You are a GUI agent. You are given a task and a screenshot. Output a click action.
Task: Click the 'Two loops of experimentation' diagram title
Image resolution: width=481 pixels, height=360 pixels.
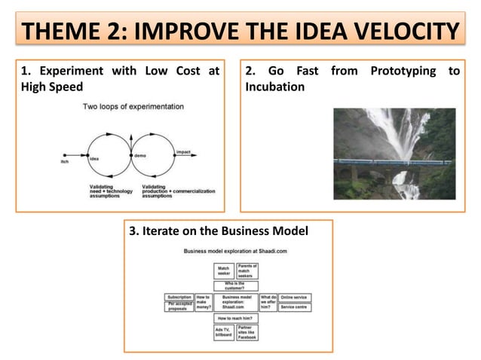pos(133,106)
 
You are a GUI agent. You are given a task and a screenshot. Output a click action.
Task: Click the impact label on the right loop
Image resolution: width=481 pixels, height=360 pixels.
pos(182,151)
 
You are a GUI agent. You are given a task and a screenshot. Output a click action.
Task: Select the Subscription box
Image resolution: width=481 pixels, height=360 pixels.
pos(179,297)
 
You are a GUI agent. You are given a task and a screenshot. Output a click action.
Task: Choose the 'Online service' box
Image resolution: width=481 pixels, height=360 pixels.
pos(296,297)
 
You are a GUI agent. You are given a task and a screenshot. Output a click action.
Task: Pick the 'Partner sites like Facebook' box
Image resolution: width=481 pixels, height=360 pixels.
pos(247,332)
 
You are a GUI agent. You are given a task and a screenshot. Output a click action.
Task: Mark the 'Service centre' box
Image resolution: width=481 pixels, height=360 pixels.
pos(296,307)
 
